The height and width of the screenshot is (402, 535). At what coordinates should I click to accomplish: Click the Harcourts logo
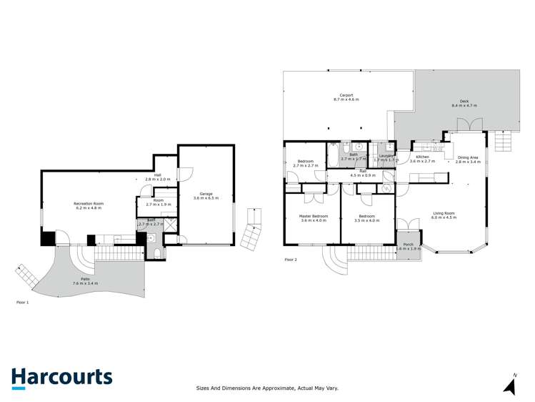click(x=61, y=378)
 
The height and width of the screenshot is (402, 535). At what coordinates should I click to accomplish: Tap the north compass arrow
click(x=510, y=386)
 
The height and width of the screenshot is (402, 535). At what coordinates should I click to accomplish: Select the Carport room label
click(x=348, y=98)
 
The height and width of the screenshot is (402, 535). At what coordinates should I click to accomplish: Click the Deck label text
click(x=464, y=103)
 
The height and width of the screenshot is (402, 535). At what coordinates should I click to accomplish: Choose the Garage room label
click(x=206, y=195)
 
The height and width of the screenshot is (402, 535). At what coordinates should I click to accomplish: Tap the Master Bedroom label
click(x=314, y=217)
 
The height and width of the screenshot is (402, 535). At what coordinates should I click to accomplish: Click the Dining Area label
click(x=469, y=159)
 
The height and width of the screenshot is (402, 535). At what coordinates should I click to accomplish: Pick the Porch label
click(x=409, y=246)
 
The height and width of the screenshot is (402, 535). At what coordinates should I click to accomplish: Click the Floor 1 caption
click(x=23, y=303)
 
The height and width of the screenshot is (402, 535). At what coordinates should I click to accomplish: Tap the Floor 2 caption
click(x=291, y=260)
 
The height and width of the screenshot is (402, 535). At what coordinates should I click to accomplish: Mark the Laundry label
click(x=386, y=156)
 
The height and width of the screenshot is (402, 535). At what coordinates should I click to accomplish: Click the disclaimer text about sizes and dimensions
click(x=267, y=388)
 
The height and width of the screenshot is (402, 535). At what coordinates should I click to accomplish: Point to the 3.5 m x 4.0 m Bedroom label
click(x=367, y=217)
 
